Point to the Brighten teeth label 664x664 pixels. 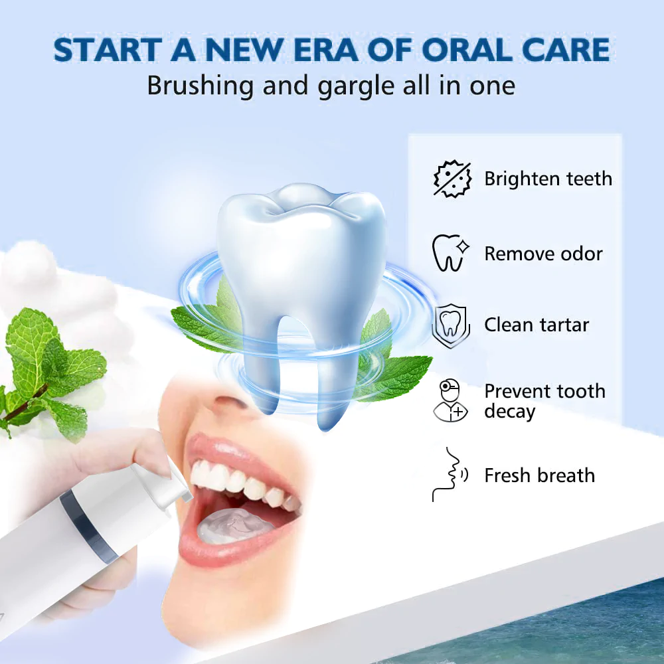coord(548,179)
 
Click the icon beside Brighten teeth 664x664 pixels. coord(452,179)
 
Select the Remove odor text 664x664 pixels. coord(543,254)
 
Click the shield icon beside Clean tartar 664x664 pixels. coord(450,326)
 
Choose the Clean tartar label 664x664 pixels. coord(537,325)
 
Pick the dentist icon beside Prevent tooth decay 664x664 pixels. coord(450,400)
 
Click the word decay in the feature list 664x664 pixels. coord(509,412)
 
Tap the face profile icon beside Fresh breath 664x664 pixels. coord(449,474)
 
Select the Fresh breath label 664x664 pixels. coord(539,475)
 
